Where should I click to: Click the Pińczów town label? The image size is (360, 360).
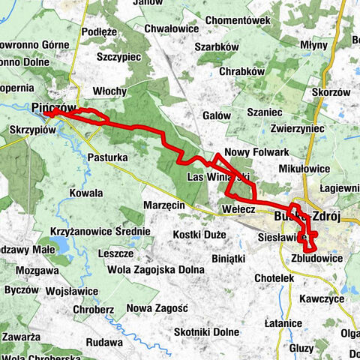pyautogui.click(x=51, y=107)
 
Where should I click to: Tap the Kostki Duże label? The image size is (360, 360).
pyautogui.click(x=199, y=235)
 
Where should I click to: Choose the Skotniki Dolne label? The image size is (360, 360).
pyautogui.click(x=206, y=331)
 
